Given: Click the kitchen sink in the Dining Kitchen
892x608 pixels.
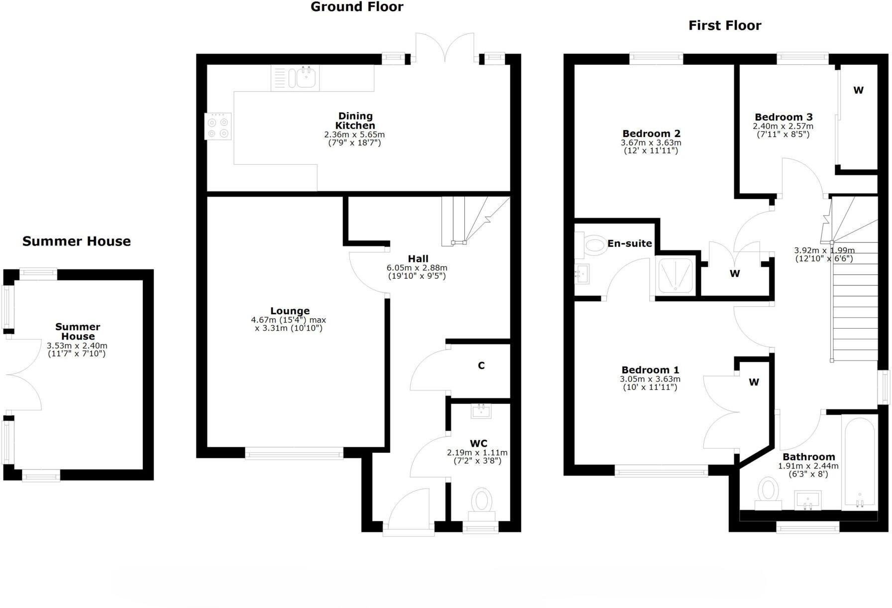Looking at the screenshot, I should (306, 78).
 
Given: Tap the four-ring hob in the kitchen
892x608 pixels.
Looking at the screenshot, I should (218, 126).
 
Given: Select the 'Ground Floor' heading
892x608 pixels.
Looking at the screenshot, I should (356, 7).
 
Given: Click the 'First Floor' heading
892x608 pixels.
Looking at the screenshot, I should (724, 25).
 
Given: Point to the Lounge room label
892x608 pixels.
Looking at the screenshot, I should (290, 311).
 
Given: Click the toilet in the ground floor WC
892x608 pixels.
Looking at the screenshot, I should (481, 500).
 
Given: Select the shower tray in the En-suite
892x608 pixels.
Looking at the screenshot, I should (675, 275).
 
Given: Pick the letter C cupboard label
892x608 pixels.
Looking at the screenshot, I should (481, 365).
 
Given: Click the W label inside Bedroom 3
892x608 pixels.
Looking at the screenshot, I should (858, 90).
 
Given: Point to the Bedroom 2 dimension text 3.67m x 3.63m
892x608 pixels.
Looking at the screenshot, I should (651, 142).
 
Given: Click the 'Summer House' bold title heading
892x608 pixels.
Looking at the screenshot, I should (76, 242).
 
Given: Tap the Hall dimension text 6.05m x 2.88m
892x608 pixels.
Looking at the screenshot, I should (417, 268).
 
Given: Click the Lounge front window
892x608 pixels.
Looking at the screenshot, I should (294, 453).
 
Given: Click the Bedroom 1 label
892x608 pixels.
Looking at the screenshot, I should (650, 370).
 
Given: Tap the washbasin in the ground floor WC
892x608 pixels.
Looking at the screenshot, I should (481, 411).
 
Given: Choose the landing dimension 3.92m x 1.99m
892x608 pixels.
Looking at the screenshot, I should (824, 250).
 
